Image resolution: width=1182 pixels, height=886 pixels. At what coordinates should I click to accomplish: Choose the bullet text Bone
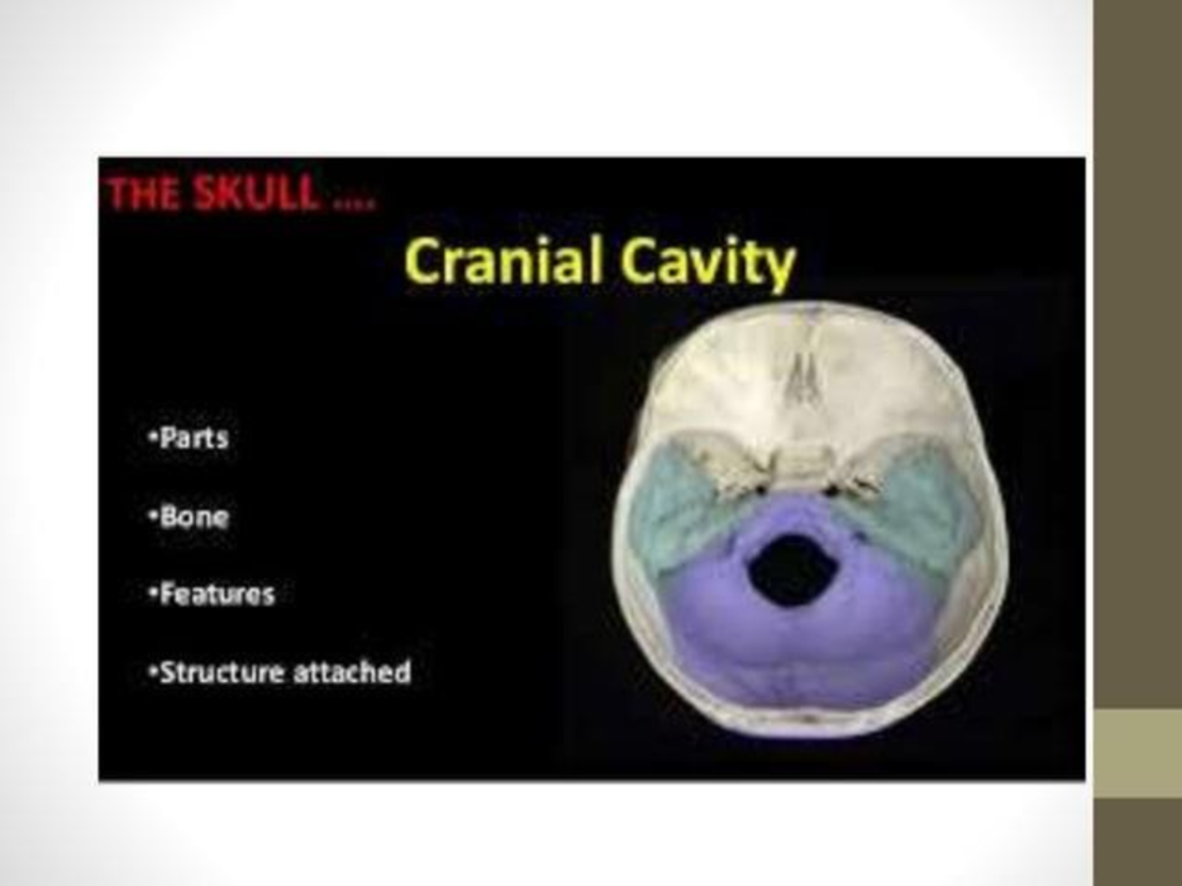pyautogui.click(x=193, y=516)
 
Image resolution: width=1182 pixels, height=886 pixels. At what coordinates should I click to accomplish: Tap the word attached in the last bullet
pyautogui.click(x=353, y=673)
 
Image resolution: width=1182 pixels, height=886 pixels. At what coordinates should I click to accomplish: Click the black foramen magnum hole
pyautogui.click(x=791, y=568)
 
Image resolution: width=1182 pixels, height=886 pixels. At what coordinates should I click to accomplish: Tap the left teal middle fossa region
pyautogui.click(x=680, y=503)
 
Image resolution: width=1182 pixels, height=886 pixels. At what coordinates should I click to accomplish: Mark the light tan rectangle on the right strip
pyautogui.click(x=1138, y=753)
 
